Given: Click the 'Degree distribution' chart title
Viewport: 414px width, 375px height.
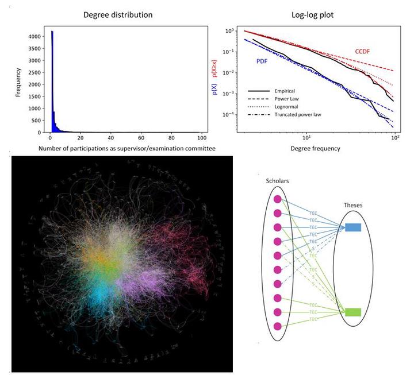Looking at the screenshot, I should point(118,14).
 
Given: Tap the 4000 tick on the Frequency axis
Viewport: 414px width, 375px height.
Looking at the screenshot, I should point(34,36).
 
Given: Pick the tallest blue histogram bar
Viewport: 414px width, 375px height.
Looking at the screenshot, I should point(52,80).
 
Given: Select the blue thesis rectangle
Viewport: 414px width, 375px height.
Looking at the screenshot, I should point(352,227).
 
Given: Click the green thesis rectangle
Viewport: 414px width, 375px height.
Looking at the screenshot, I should point(352,312).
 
